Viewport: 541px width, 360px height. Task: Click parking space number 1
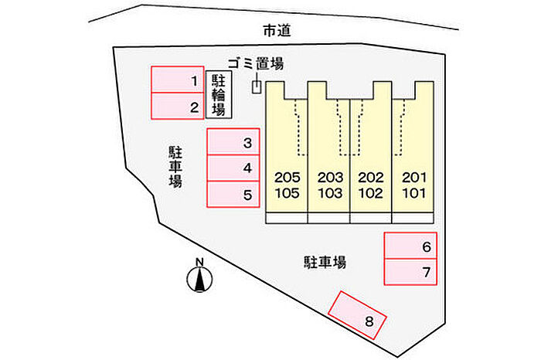178,80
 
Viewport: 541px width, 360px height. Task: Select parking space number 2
178,106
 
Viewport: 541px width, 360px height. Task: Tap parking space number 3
233,141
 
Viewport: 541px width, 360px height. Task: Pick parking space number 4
233,168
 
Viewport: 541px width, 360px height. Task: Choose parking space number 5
233,194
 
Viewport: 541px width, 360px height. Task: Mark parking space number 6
410,246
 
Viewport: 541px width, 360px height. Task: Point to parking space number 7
410,272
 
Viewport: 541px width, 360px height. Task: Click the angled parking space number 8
357,315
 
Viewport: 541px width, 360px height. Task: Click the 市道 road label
277,31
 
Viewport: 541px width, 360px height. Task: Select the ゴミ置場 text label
256,64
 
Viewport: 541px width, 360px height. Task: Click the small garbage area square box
257,87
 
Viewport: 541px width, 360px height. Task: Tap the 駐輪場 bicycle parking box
219,95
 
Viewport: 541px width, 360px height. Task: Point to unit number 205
287,178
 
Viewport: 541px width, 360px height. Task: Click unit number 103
330,193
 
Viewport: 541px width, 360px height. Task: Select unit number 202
371,178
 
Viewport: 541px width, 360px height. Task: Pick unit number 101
414,193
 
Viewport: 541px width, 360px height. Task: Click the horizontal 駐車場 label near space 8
325,262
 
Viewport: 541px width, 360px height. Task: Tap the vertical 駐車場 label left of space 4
175,167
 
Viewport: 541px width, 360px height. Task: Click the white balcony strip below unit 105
287,219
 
